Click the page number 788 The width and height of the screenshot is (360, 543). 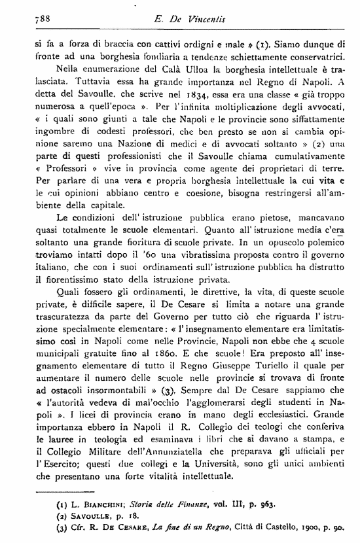coord(24,20)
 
